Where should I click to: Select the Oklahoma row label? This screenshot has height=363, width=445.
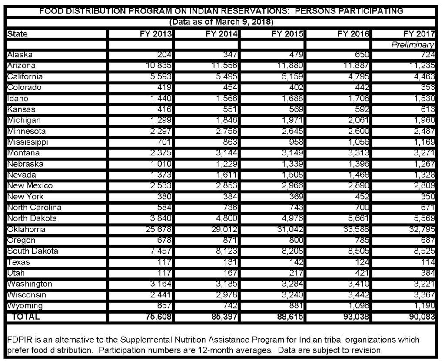tap(26, 229)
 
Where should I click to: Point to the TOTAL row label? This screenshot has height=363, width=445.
tap(26, 317)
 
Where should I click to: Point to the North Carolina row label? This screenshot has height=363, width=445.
tap(34, 208)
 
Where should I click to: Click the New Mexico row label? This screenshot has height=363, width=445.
tap(30, 186)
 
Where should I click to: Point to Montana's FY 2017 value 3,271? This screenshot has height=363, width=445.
tap(423, 153)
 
